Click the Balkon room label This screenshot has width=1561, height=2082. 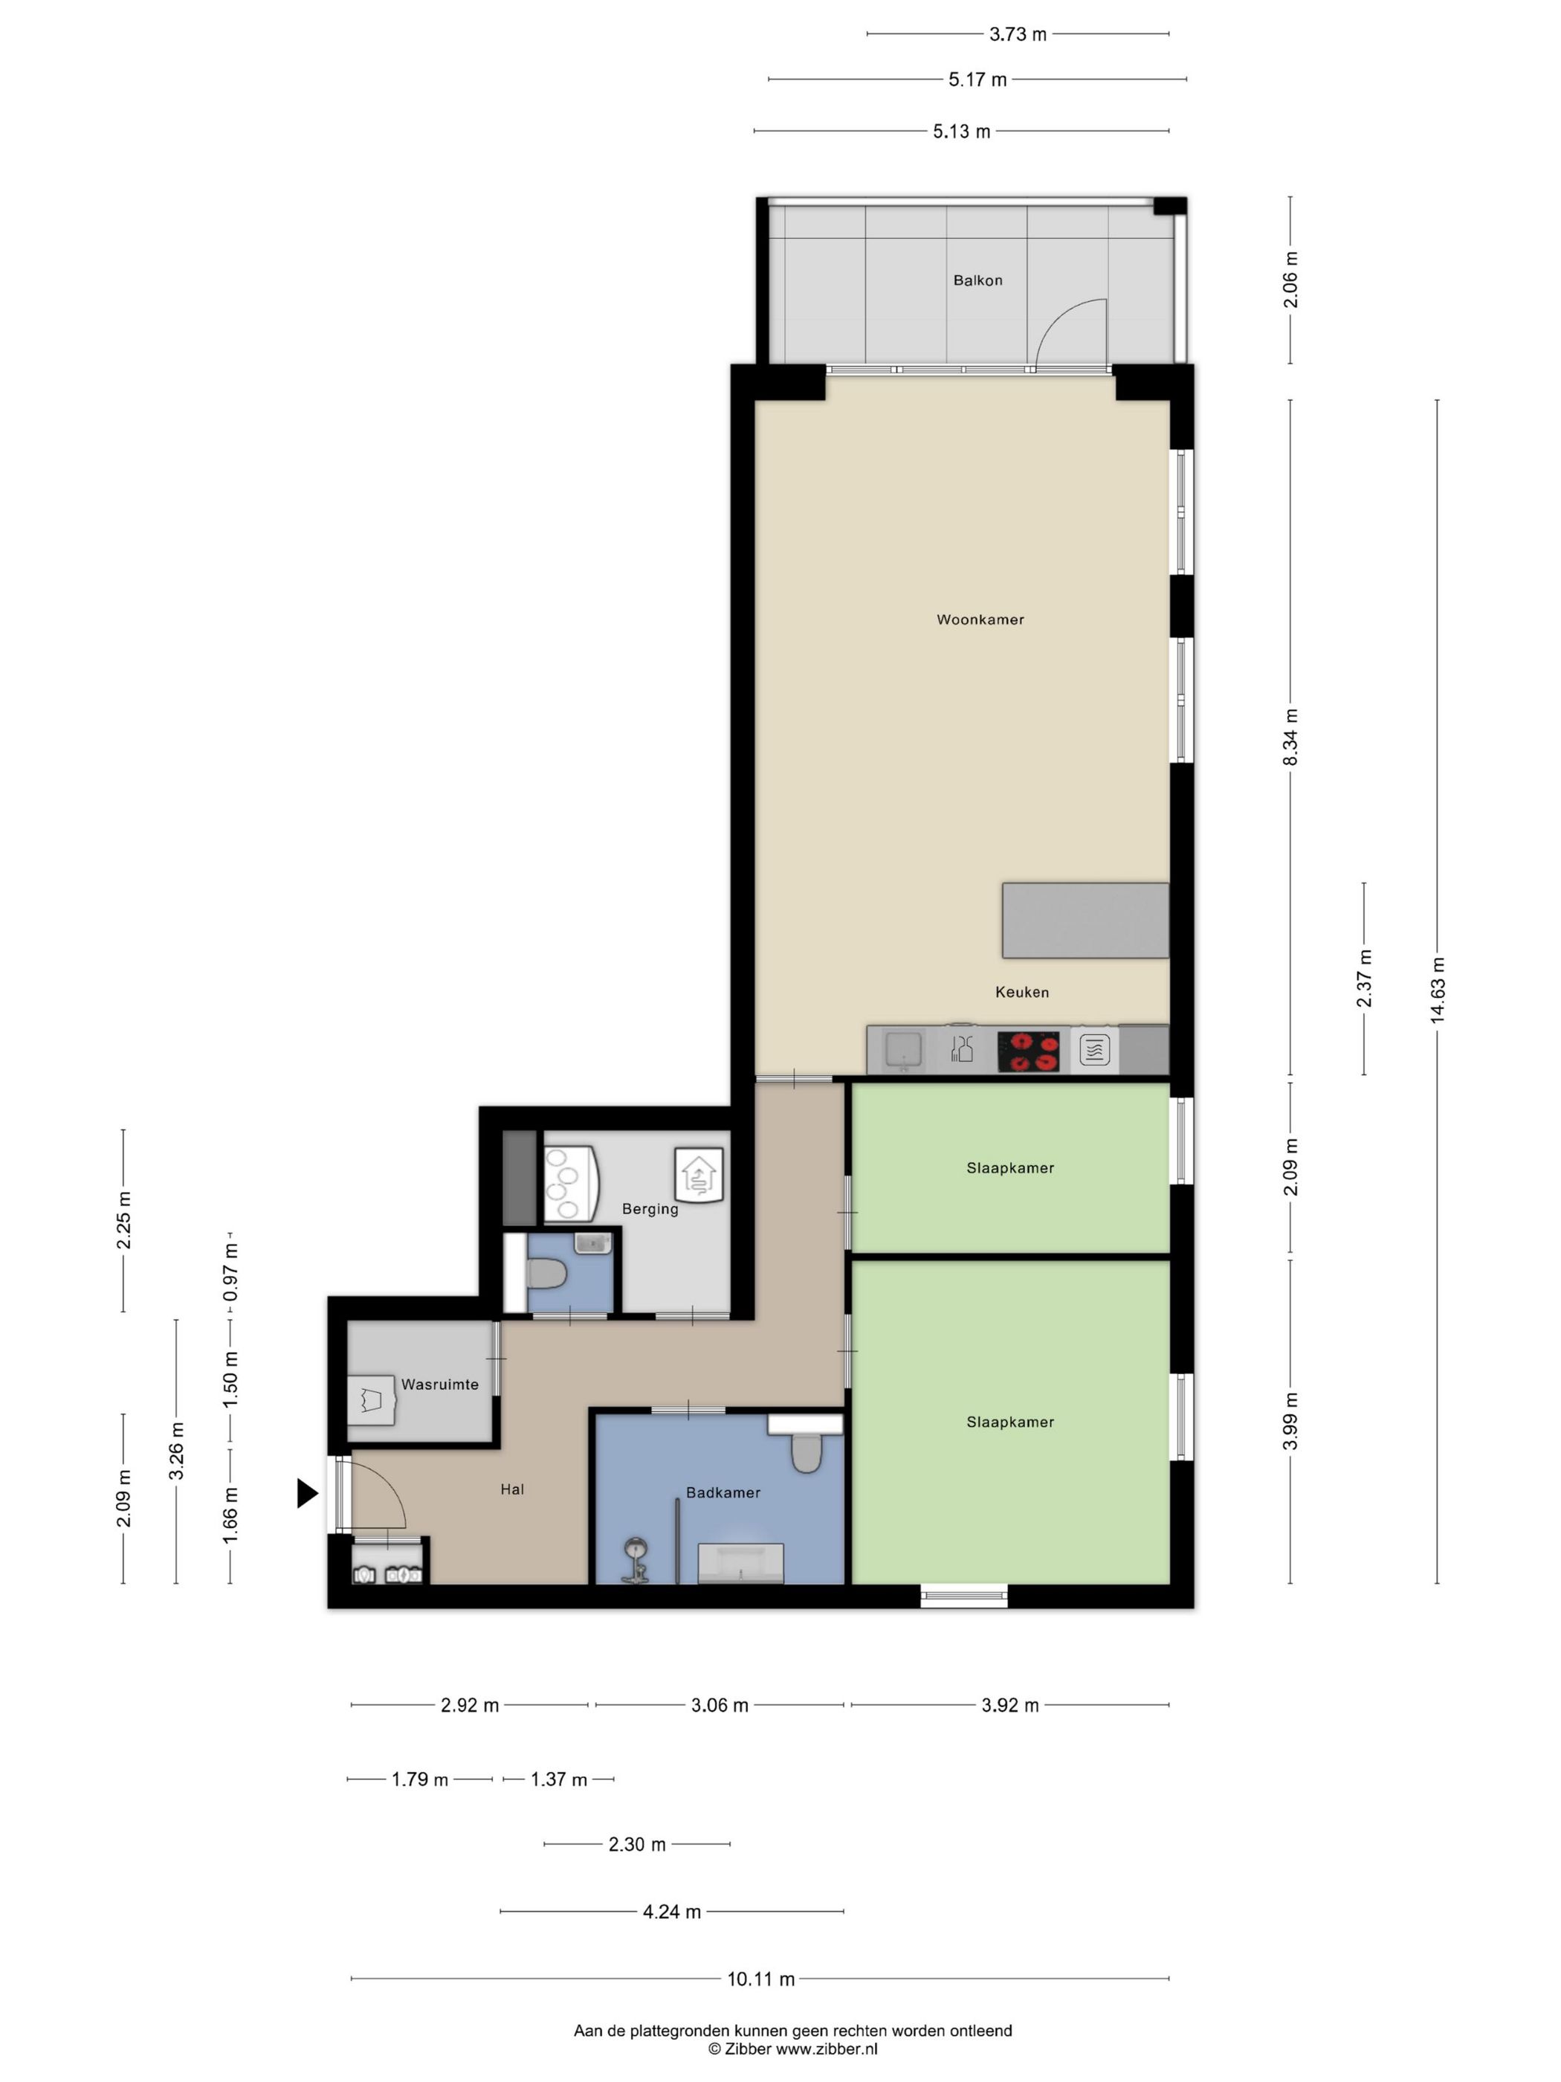point(977,280)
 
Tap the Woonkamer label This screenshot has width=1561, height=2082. point(980,619)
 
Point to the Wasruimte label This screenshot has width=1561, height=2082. point(439,1385)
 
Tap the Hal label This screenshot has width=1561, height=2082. point(512,1489)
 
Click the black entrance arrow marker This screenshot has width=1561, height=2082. point(307,1493)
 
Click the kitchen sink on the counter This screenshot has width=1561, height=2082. point(902,1049)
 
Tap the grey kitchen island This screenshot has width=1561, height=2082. point(1085,920)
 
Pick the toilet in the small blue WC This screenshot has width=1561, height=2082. point(546,1275)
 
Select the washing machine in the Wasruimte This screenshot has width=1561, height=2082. point(371,1399)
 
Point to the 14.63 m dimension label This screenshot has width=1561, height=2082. point(1437,990)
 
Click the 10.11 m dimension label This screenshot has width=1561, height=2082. point(760,1979)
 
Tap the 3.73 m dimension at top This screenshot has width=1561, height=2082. point(1017,34)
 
